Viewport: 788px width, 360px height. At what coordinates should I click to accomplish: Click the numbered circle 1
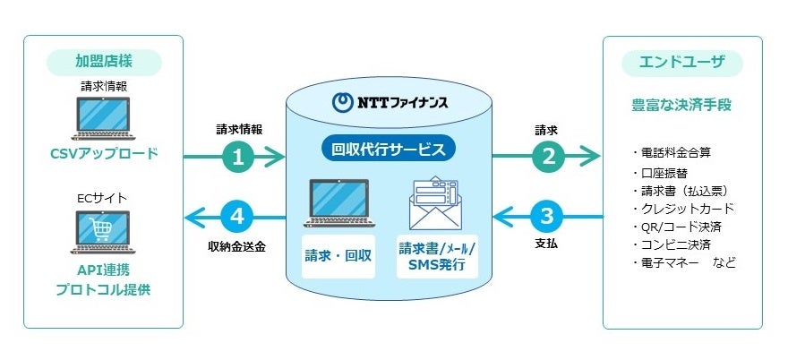(238, 157)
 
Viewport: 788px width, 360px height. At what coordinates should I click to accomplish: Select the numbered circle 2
(546, 157)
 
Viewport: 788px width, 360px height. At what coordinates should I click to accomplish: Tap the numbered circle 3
(546, 216)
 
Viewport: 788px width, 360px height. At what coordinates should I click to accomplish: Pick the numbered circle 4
(238, 216)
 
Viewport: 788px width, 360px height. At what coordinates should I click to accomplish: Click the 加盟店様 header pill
(104, 62)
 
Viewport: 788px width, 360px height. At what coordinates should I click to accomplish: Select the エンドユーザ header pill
(681, 63)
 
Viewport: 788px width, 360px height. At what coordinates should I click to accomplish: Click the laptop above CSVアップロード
(104, 121)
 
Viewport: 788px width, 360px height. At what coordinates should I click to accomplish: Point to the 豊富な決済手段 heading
(681, 105)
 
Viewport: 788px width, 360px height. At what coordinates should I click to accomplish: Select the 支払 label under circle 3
(546, 243)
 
